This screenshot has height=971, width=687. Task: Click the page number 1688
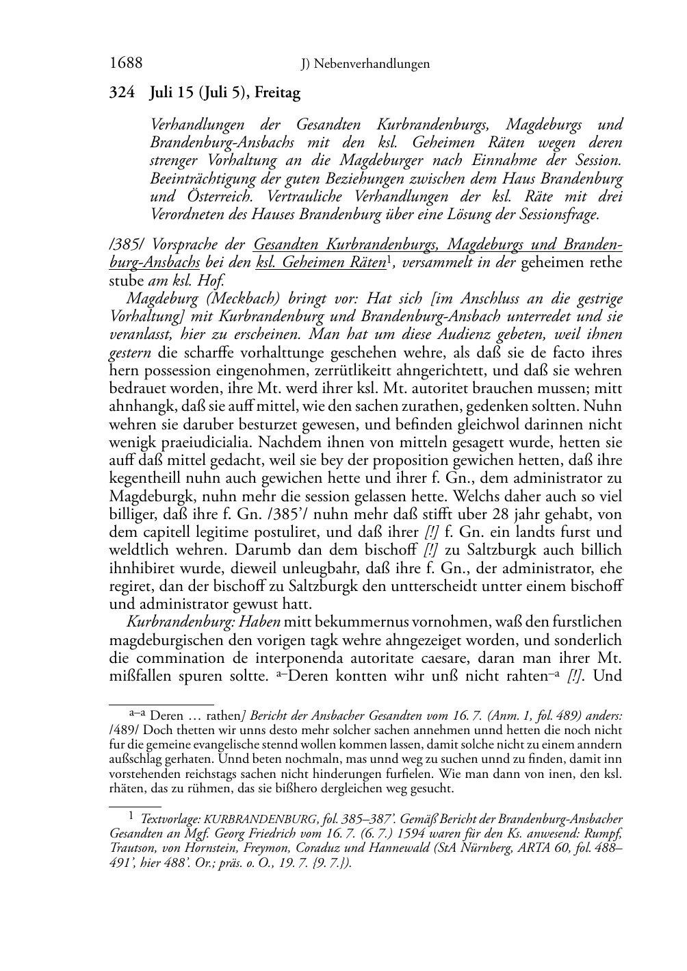click(x=126, y=64)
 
